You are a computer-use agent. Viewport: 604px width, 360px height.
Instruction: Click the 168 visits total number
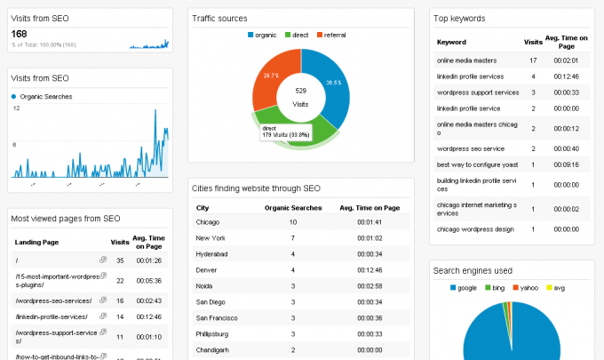[x=20, y=33]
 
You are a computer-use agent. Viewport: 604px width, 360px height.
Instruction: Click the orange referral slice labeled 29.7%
[x=273, y=78]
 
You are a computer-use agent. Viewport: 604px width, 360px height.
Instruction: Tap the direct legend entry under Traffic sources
[x=297, y=35]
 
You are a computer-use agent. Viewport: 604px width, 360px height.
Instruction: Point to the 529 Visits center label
[x=300, y=97]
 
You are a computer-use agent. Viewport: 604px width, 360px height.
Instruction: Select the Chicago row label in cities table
[x=209, y=221]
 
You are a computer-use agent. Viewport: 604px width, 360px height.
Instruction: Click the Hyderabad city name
[x=213, y=254]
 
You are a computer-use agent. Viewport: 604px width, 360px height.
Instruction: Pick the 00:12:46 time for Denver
[x=370, y=269]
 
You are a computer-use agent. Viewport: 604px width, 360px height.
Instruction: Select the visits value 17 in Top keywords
[x=533, y=60]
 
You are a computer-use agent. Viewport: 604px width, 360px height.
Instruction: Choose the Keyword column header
[x=451, y=41]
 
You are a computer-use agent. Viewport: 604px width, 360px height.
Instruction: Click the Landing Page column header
[x=37, y=241]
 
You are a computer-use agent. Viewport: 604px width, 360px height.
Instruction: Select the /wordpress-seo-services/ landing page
[x=54, y=300]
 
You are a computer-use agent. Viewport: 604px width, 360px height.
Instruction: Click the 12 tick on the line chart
[x=16, y=108]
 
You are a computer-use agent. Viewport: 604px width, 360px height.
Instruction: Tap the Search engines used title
[x=472, y=270]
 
